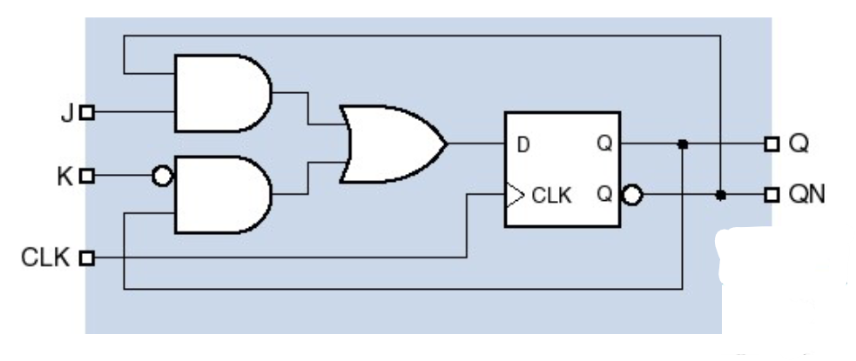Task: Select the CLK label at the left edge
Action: pyautogui.click(x=45, y=257)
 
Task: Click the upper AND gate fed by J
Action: pyautogui.click(x=220, y=91)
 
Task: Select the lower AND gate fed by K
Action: pyautogui.click(x=220, y=196)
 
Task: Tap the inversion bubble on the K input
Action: pyautogui.click(x=162, y=177)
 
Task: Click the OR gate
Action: pyautogui.click(x=390, y=144)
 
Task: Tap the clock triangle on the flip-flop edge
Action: pyautogui.click(x=513, y=195)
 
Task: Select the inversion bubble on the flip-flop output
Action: pyautogui.click(x=631, y=196)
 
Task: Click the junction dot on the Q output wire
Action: pyautogui.click(x=683, y=144)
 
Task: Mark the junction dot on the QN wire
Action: pyautogui.click(x=720, y=196)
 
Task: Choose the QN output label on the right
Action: pyautogui.click(x=805, y=196)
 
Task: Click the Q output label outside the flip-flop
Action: pyautogui.click(x=798, y=144)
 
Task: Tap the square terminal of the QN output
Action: pyautogui.click(x=770, y=196)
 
